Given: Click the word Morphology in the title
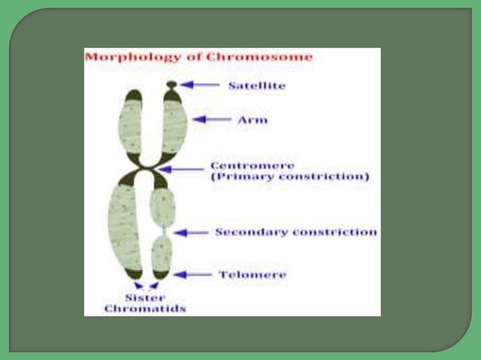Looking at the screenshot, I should (124, 57).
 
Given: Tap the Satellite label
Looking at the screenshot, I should (256, 86).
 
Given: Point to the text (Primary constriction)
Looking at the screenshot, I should (290, 178).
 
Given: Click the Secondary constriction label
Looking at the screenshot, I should (296, 232).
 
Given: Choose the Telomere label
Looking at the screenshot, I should (253, 275).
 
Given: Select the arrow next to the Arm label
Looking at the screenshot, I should (212, 119).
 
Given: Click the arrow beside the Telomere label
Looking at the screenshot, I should (191, 275).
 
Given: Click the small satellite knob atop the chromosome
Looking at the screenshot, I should (172, 84).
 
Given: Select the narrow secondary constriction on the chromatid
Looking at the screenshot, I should (162, 230).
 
